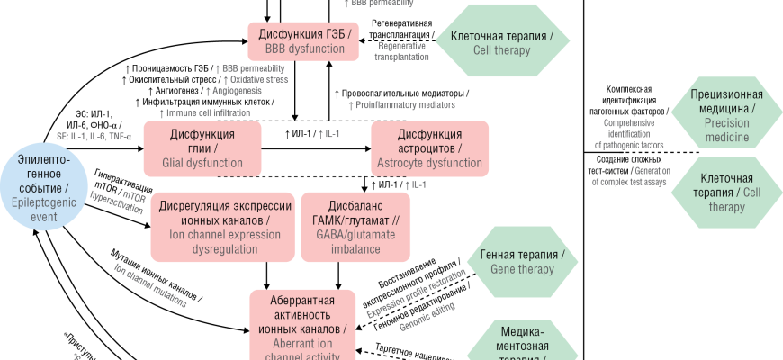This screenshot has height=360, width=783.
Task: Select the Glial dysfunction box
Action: [x=202, y=148]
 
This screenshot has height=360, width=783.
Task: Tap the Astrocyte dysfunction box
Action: [x=429, y=148]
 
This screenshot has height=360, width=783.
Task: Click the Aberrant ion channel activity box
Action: [x=302, y=324]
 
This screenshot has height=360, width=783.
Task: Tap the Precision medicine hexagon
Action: [x=726, y=115]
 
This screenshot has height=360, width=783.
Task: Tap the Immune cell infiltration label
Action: [x=204, y=112]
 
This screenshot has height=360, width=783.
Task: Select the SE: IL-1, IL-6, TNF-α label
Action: [x=94, y=136]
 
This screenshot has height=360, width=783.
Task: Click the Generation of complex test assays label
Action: [x=630, y=175]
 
